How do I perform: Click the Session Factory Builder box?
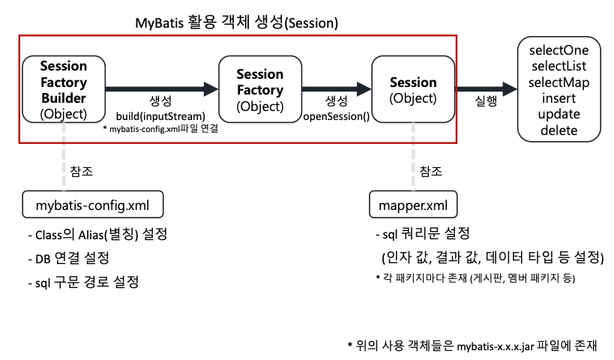tap(64, 89)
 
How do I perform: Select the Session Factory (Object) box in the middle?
tap(260, 89)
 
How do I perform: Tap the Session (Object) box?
tap(413, 89)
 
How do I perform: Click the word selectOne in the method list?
tap(559, 50)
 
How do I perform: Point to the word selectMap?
tap(559, 82)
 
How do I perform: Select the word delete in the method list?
tap(559, 130)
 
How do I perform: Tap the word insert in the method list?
tap(559, 98)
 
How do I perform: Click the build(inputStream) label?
tap(160, 116)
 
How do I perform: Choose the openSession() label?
tap(337, 116)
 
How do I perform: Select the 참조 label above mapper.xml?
tap(430, 170)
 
